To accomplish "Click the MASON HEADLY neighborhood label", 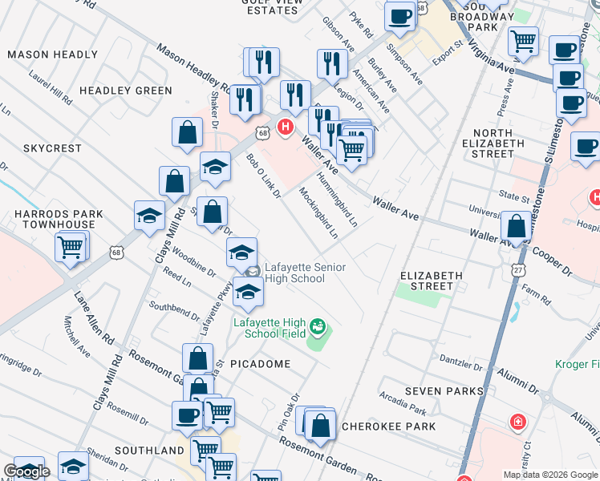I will [x=53, y=55].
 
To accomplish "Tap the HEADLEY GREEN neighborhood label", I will [x=126, y=91].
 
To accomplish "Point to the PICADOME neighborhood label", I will [x=259, y=363].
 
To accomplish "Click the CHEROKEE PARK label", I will [x=388, y=426].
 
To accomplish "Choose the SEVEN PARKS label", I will [x=444, y=391].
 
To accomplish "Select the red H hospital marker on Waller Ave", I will [x=284, y=127].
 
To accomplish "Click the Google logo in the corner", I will [x=26, y=471].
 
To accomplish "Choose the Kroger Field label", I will [x=578, y=365].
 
